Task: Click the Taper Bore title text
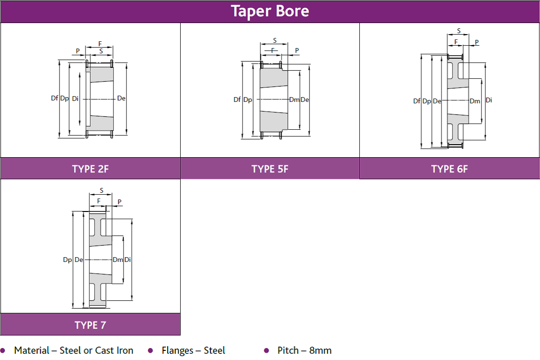[x=270, y=11]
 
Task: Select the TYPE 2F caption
[x=90, y=169]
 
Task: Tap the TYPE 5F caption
[x=270, y=169]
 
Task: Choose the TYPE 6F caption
[x=449, y=169]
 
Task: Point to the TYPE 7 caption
[x=90, y=325]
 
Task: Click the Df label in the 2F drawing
[x=55, y=99]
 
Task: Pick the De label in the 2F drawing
[x=122, y=99]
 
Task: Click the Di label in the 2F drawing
[x=75, y=99]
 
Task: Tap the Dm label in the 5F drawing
[x=294, y=100]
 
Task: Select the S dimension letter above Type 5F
[x=275, y=40]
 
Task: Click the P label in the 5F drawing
[x=297, y=50]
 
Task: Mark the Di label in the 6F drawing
[x=489, y=100]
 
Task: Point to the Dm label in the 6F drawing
[x=475, y=101]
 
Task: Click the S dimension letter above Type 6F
[x=459, y=31]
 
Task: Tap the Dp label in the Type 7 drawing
[x=67, y=260]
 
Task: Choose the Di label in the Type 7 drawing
[x=128, y=260]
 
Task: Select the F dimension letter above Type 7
[x=98, y=201]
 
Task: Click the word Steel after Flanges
[x=214, y=350]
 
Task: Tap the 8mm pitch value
[x=320, y=350]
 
